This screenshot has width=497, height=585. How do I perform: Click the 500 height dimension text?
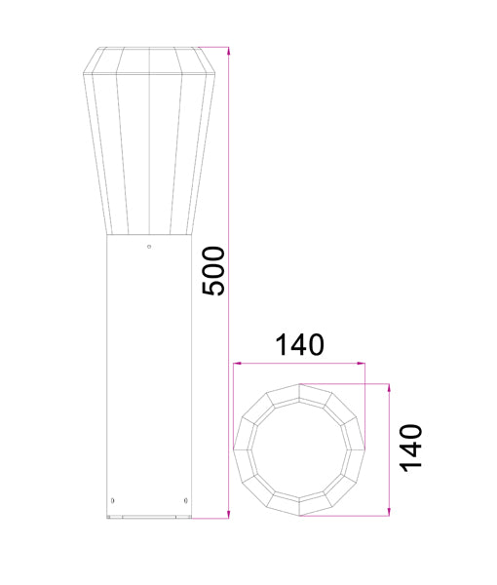coord(213,271)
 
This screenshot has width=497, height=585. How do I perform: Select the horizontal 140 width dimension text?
coord(299,345)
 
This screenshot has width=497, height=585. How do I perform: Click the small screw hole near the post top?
coord(148,246)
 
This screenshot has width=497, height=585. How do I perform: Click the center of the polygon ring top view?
coord(300,448)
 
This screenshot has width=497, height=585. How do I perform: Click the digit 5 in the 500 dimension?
coord(213,290)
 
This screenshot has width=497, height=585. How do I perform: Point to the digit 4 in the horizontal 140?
coord(300,345)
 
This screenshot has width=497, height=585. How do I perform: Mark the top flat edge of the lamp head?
coord(148,47)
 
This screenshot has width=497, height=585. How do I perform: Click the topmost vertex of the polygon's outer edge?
coord(300,383)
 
